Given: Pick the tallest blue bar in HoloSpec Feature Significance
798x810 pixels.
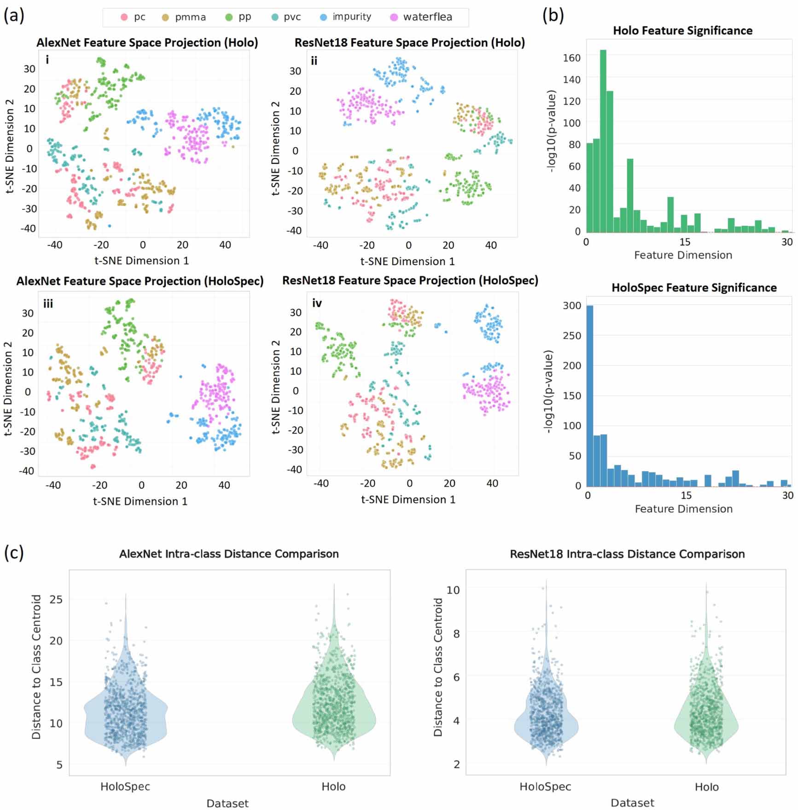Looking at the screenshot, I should pos(590,396).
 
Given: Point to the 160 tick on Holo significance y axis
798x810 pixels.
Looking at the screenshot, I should pos(571,58).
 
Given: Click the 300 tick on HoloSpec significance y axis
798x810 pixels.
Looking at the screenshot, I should pos(572,306).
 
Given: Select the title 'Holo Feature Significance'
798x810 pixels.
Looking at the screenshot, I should pos(682,31).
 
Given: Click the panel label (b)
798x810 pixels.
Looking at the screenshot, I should pos(553,16).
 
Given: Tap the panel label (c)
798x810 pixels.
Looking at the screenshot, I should pos(14,552).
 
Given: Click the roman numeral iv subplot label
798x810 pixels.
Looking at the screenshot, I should pos(317,303).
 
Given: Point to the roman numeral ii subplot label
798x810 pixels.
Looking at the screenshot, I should pos(314,61).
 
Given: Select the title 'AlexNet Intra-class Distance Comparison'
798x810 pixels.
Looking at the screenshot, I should pos(229,554).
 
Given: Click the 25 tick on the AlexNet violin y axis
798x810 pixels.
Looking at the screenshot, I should pos(56,600).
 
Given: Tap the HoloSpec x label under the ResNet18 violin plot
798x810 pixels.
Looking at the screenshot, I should pos(545,787).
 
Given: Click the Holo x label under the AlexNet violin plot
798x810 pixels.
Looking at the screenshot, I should pos(333,787).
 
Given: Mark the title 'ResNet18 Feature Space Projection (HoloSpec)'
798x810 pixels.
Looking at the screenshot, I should pos(410,281).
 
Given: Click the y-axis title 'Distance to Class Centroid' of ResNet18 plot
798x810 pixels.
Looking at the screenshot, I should pos(438,667).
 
